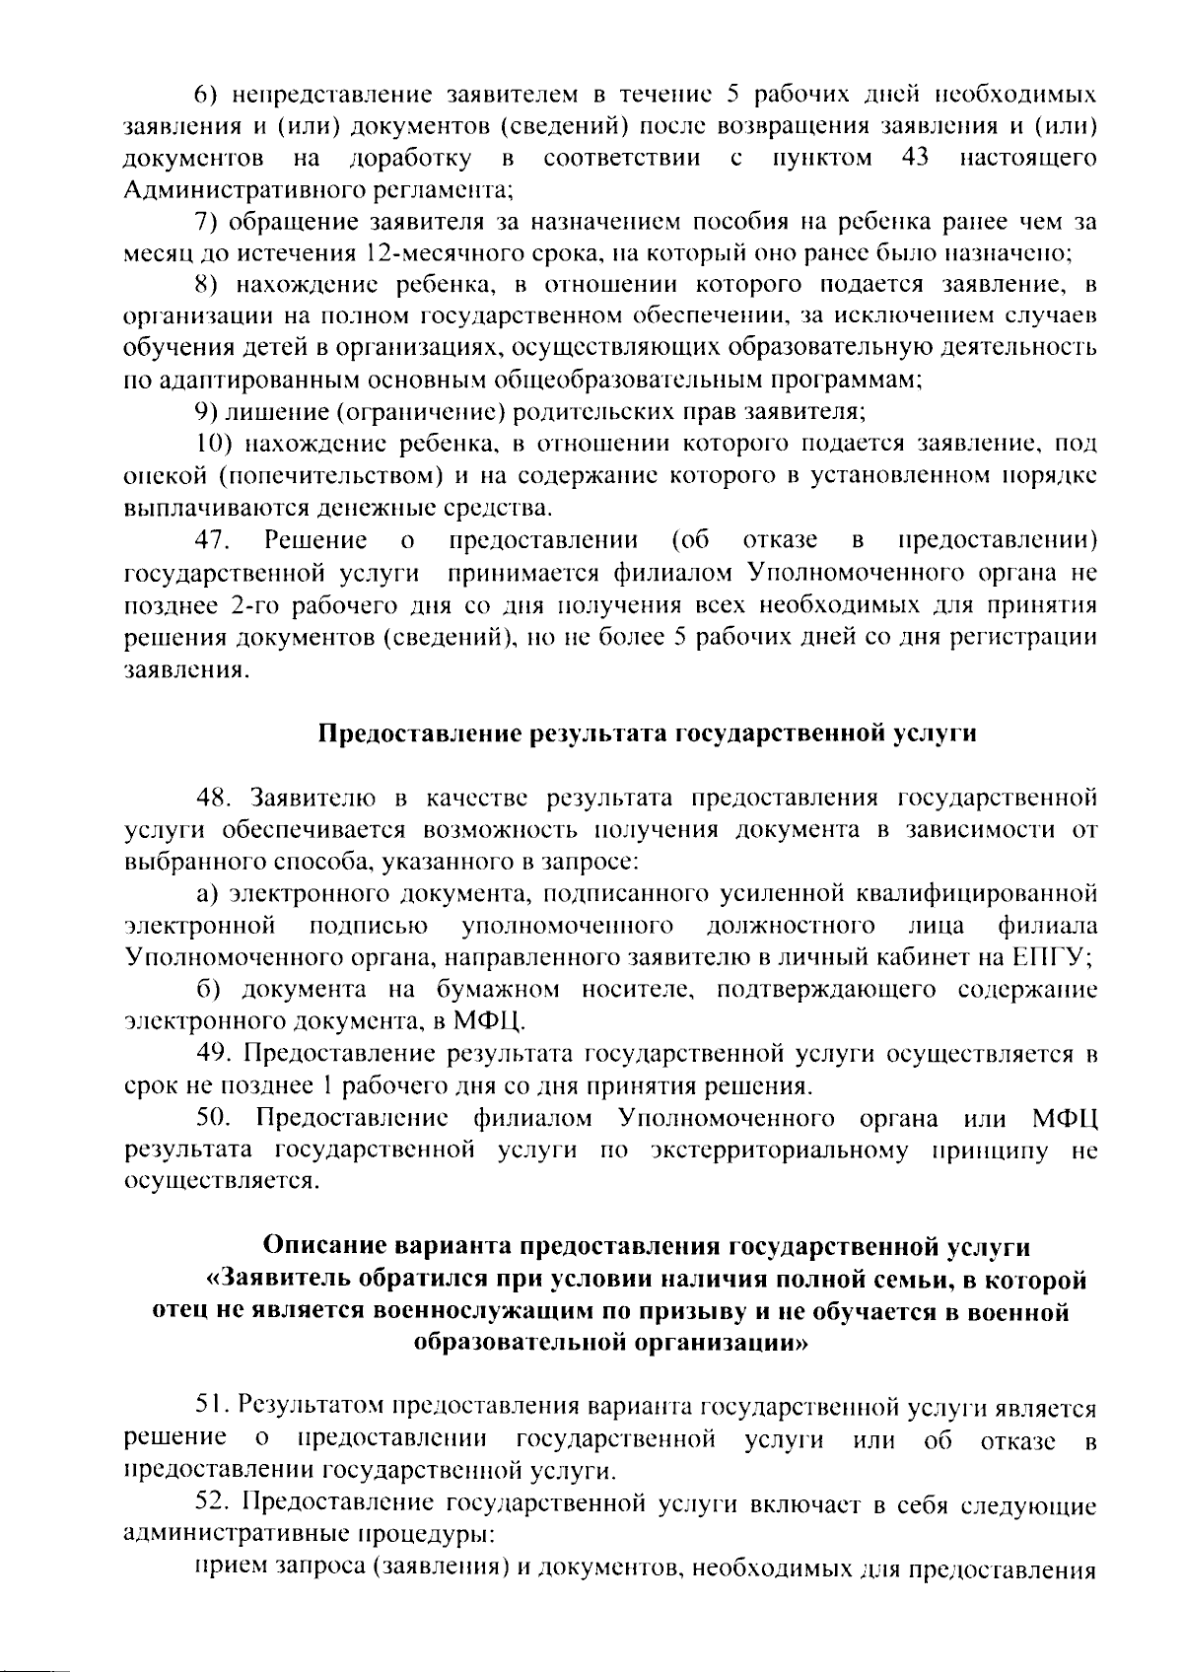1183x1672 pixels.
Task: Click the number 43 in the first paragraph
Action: [x=916, y=158]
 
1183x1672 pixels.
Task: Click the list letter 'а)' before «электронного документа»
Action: [x=205, y=893]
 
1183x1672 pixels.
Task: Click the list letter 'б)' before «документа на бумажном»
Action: [x=205, y=990]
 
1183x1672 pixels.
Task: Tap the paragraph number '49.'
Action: [x=216, y=1054]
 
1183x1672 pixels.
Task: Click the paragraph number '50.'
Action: [x=216, y=1118]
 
